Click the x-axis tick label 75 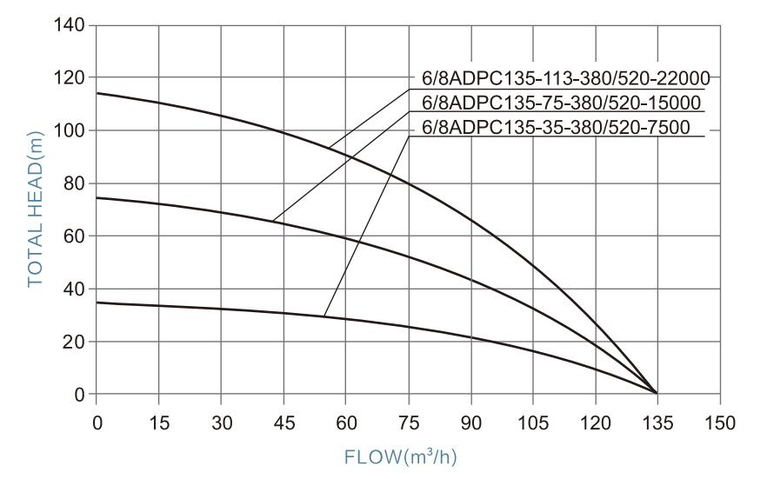pyautogui.click(x=408, y=422)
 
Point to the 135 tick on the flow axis pyautogui.click(x=657, y=422)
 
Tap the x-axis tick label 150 pyautogui.click(x=719, y=422)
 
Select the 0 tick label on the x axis pyautogui.click(x=97, y=422)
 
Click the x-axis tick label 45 pyautogui.click(x=283, y=422)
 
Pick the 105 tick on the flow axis pyautogui.click(x=532, y=422)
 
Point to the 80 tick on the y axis pyautogui.click(x=74, y=183)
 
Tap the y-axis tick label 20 pyautogui.click(x=74, y=342)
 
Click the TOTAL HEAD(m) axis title pyautogui.click(x=35, y=210)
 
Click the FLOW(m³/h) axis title pyautogui.click(x=408, y=456)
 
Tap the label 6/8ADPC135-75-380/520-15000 pyautogui.click(x=561, y=103)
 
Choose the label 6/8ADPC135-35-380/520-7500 pyautogui.click(x=555, y=128)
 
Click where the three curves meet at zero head pyautogui.click(x=657, y=394)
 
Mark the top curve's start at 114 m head pyautogui.click(x=97, y=93)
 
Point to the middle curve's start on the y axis pyautogui.click(x=97, y=197)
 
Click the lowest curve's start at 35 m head pyautogui.click(x=97, y=303)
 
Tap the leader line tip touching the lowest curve pyautogui.click(x=323, y=316)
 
